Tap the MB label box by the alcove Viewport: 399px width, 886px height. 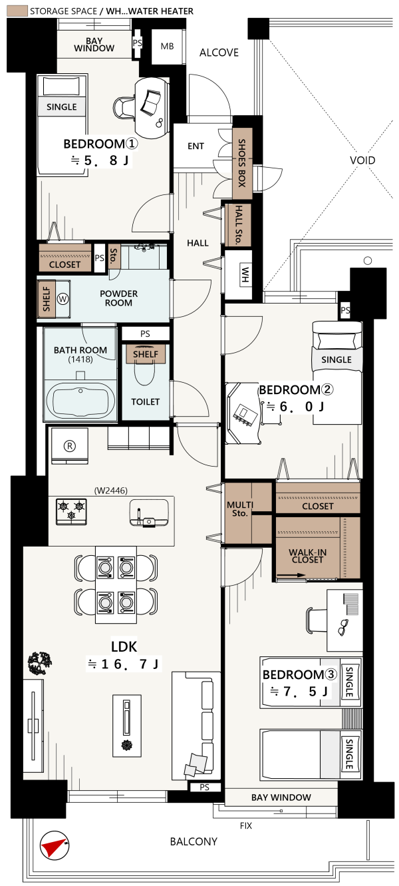167,47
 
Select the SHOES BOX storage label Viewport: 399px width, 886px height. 242,163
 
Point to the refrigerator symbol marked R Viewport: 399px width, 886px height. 70,446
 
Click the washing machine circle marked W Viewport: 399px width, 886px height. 63,299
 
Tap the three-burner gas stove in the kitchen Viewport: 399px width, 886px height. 72,511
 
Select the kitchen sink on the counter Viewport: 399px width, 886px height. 148,512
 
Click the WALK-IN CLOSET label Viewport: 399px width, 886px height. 307,556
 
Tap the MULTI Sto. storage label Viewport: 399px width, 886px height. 240,509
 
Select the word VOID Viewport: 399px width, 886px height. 362,160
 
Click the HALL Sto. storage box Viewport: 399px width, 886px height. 238,225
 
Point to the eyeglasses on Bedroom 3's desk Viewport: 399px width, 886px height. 343,627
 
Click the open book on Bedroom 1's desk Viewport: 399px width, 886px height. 150,103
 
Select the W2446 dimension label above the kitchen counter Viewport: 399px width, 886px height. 110,491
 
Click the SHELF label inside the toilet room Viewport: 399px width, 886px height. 146,354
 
